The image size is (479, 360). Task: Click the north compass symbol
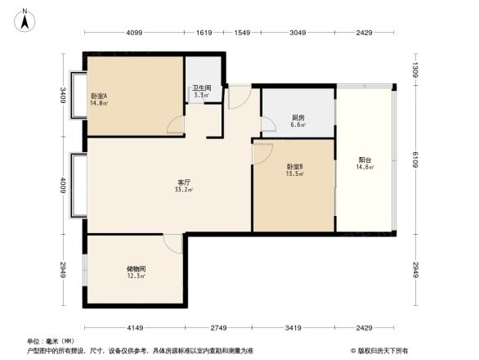tap(25, 19)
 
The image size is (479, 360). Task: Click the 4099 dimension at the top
tap(135, 34)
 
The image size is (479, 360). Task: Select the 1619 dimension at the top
tap(204, 34)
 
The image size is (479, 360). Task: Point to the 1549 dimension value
tap(241, 34)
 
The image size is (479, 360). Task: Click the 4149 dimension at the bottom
tap(136, 329)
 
